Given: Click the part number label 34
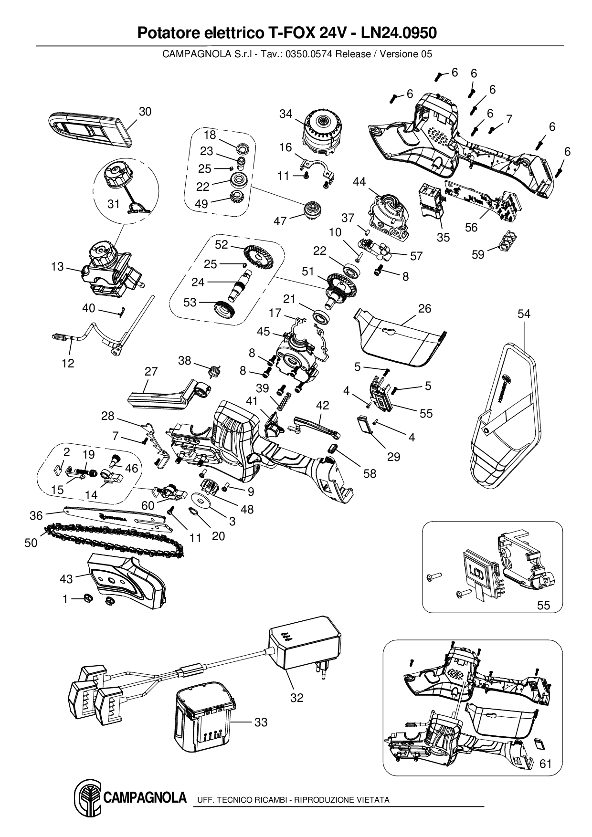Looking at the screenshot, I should click(286, 115).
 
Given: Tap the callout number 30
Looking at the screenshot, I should click(145, 111).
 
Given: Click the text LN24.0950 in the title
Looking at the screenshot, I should click(399, 33).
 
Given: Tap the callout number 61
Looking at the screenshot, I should click(545, 764).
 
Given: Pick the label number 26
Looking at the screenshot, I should click(424, 308).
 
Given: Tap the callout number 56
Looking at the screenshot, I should click(471, 227).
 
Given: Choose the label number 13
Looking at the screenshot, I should click(57, 266).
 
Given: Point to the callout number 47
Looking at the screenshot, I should click(280, 221).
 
